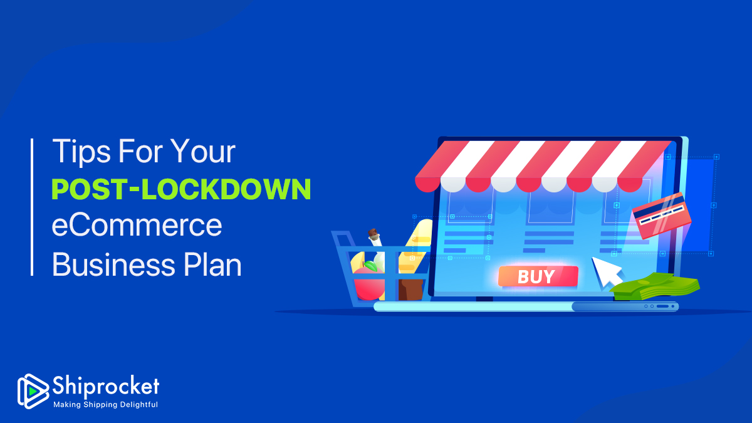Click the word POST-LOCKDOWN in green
pyautogui.click(x=181, y=189)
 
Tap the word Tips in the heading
pyautogui.click(x=81, y=152)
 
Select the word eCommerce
pyautogui.click(x=137, y=225)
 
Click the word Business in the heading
pyautogui.click(x=113, y=265)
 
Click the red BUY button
pyautogui.click(x=538, y=276)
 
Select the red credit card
pyautogui.click(x=661, y=216)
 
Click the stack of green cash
pyautogui.click(x=655, y=287)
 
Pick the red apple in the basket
pyautogui.click(x=368, y=284)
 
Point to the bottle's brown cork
pyautogui.click(x=373, y=232)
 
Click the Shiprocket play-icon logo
pyautogui.click(x=32, y=392)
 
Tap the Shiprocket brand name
pyautogui.click(x=106, y=387)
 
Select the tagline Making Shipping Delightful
pyautogui.click(x=105, y=405)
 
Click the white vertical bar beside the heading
pyautogui.click(x=32, y=207)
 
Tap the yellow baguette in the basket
pyautogui.click(x=416, y=242)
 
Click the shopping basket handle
pyautogui.click(x=342, y=239)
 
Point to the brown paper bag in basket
pyautogui.click(x=410, y=289)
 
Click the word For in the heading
pyautogui.click(x=140, y=152)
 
